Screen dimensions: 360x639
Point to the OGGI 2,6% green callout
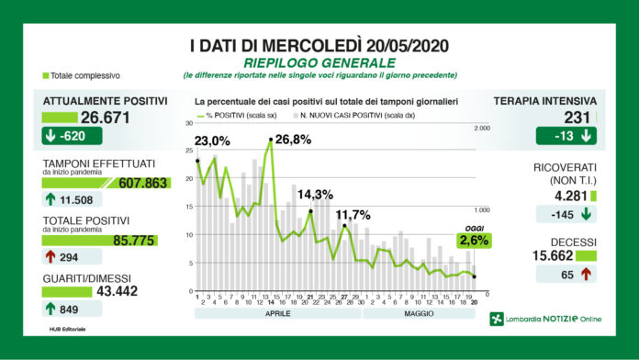(473, 241)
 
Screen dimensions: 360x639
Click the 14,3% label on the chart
(316, 195)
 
